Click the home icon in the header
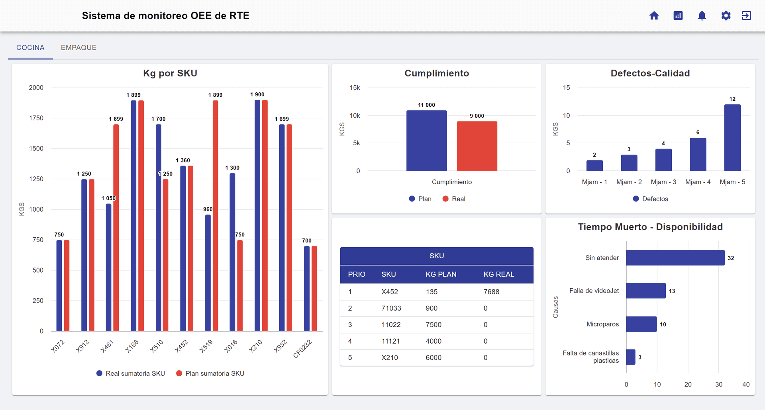point(654,16)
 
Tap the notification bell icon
point(702,16)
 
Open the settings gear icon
point(726,16)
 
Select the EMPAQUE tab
point(78,48)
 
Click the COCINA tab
point(30,48)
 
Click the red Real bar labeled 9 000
point(477,146)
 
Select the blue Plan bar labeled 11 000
point(426,141)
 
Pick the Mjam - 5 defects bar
point(732,138)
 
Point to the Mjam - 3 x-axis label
point(663,182)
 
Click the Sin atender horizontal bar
point(675,258)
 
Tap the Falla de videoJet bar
point(645,291)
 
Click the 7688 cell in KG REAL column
point(491,292)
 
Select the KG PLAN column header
point(441,274)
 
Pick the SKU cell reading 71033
point(391,308)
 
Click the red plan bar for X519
point(215,215)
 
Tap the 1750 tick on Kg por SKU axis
point(36,118)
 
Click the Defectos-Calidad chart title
point(650,73)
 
